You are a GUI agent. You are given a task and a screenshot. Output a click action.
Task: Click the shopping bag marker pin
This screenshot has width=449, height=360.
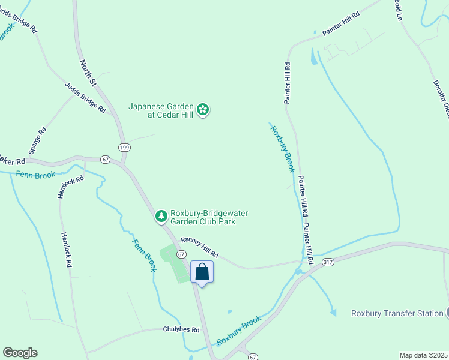[x=202, y=272]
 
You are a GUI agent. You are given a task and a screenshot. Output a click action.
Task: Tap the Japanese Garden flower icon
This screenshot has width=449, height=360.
[x=203, y=109]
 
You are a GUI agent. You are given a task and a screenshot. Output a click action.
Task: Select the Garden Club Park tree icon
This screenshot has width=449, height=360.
[x=161, y=216]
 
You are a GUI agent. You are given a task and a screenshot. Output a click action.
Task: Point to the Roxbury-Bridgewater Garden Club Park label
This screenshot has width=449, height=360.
[x=209, y=217]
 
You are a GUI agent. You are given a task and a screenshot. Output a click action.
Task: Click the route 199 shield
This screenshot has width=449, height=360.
[x=124, y=148]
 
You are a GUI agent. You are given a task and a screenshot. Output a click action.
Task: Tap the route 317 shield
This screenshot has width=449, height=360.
[x=327, y=262]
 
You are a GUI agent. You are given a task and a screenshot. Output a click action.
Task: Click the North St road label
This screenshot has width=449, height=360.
[x=88, y=71]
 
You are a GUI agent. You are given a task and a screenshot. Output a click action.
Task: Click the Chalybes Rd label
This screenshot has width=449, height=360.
[x=181, y=329]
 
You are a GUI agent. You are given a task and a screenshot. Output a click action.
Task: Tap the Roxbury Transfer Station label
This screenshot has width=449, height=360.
[x=396, y=313]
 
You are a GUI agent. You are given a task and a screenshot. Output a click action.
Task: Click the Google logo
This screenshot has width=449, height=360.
[x=20, y=353]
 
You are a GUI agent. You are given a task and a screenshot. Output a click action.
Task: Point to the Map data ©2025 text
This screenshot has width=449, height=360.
[x=423, y=355]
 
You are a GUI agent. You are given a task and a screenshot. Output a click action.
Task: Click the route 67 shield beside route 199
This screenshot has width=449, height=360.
[x=106, y=160]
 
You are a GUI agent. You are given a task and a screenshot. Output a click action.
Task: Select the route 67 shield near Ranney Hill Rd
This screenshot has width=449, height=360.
[x=181, y=254]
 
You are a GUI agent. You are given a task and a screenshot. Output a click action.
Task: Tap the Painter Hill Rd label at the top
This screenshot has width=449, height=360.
[x=340, y=23]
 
